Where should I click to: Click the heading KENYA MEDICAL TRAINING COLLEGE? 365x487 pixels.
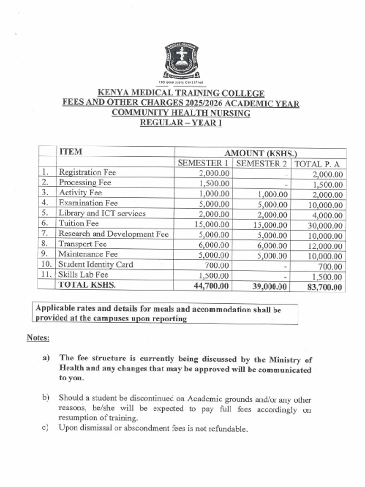click(181, 93)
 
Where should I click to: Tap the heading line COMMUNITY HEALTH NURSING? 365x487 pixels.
click(181, 113)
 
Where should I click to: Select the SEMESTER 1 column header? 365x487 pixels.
click(203, 163)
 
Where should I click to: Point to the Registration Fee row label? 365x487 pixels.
click(87, 173)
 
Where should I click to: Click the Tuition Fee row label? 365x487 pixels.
click(78, 223)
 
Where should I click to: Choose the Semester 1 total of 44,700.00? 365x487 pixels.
click(211, 286)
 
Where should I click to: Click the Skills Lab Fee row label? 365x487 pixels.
click(83, 275)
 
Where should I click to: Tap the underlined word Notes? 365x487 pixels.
click(38, 338)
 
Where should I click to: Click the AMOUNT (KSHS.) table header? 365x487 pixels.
click(260, 153)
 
